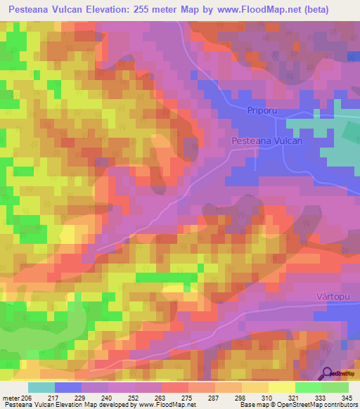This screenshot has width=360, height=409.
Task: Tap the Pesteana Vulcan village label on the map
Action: click(x=267, y=141)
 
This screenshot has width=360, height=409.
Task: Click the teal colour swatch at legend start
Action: click(x=41, y=387)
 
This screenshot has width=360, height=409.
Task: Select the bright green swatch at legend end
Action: click(x=335, y=387)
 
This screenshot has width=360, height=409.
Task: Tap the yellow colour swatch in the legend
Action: click(x=282, y=387)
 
